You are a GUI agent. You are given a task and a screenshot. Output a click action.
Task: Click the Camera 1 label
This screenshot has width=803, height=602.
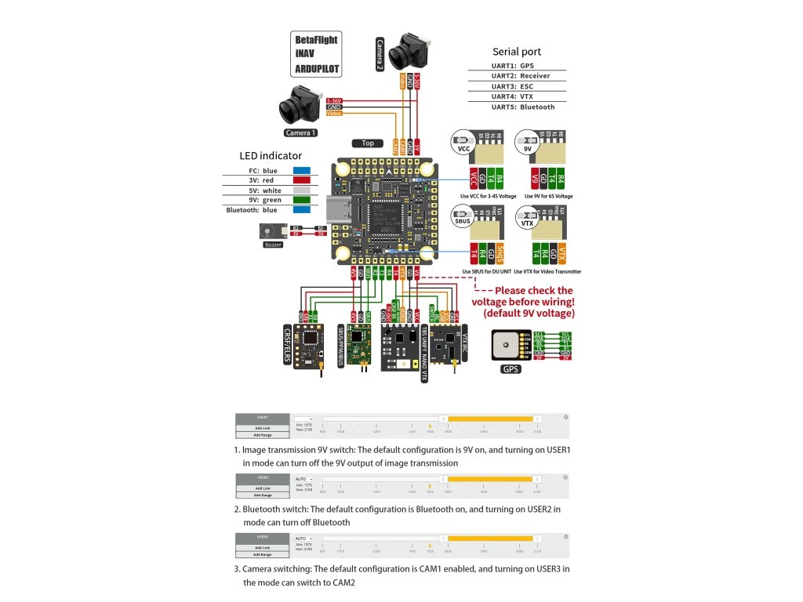pyautogui.click(x=300, y=132)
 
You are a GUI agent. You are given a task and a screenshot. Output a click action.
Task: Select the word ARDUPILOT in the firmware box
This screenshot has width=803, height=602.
pyautogui.click(x=318, y=69)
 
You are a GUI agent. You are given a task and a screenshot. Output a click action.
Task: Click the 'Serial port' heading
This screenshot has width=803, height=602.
pyautogui.click(x=517, y=52)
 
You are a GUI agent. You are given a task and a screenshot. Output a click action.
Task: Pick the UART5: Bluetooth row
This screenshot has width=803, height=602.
pyautogui.click(x=522, y=107)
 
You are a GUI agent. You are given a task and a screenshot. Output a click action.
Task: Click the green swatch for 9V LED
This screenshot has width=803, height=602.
pyautogui.click(x=301, y=200)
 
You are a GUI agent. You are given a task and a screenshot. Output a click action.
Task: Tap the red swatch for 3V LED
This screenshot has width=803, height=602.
pyautogui.click(x=301, y=180)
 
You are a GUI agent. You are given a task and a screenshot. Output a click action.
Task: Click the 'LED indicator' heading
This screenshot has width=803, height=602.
pyautogui.click(x=271, y=156)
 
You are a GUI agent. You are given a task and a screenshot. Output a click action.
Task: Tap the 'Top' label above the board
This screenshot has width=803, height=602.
pyautogui.click(x=367, y=143)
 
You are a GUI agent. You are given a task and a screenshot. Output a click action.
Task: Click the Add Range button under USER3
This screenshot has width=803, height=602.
pyautogui.click(x=263, y=554)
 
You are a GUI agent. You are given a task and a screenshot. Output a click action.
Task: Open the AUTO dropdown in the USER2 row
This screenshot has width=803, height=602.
pyautogui.click(x=303, y=478)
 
